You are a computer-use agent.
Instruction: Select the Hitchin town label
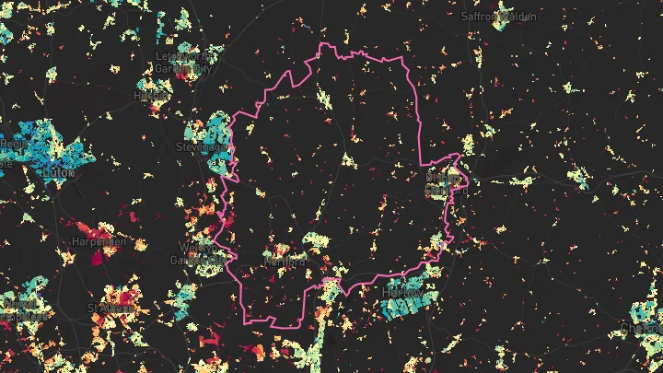145,95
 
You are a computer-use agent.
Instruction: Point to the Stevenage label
202,146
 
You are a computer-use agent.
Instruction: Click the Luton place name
57,172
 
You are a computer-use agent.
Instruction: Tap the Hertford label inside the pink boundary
284,262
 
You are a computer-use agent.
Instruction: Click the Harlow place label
402,293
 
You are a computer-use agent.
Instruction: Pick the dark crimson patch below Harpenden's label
94,259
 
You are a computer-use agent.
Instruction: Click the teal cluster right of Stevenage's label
221,157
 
